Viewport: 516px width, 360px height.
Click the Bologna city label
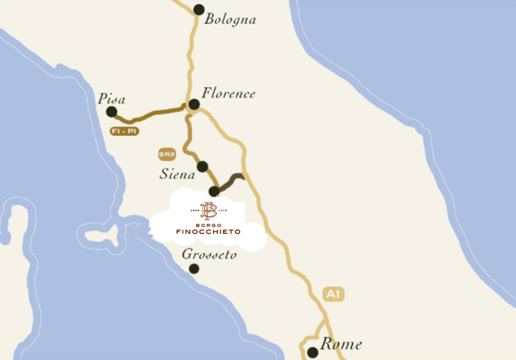point(230,19)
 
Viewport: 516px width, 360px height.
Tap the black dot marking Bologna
point(199,9)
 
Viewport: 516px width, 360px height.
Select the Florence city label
point(228,93)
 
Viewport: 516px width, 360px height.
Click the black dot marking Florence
point(194,104)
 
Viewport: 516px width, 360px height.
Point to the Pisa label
point(112,99)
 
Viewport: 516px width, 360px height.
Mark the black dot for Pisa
point(112,112)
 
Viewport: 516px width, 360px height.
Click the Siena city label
point(177,174)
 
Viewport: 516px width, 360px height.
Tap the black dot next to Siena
point(203,166)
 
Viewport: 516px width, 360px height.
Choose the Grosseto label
point(209,255)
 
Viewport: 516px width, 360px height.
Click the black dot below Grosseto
point(194,268)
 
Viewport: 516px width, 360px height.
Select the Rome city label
point(341,344)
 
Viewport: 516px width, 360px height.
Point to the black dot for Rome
point(312,352)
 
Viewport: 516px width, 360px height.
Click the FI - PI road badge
point(124,131)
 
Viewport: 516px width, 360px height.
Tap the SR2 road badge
point(167,155)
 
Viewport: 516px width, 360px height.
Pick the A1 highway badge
point(333,294)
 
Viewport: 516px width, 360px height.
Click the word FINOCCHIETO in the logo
point(208,232)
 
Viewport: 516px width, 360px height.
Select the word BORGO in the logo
point(208,224)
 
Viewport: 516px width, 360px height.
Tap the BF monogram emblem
point(208,210)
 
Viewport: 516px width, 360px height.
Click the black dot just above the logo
point(213,191)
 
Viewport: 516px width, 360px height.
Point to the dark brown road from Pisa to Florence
point(151,115)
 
